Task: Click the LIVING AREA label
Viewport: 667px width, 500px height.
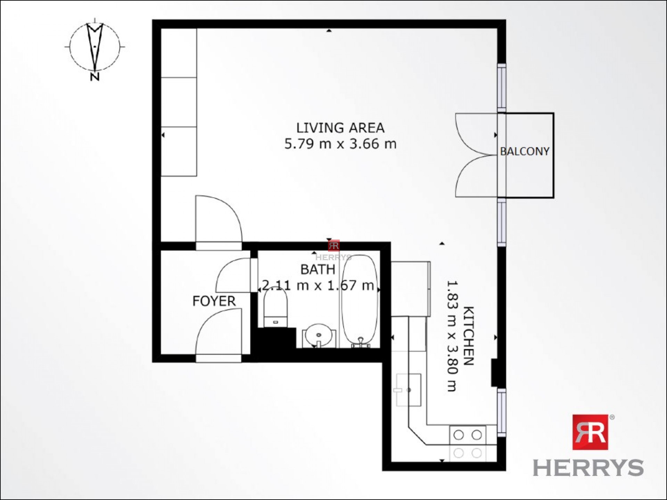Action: coord(340,128)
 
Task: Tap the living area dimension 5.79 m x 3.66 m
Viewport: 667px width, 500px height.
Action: coord(340,144)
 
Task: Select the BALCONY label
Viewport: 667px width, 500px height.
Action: coord(525,151)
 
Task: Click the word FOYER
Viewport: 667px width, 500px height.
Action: coord(214,301)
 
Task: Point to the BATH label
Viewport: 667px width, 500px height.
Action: coord(318,269)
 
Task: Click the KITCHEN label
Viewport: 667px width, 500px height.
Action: coord(469,336)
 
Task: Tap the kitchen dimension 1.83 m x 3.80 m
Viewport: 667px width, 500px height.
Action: coord(451,336)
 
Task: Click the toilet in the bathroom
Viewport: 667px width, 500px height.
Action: coord(275,308)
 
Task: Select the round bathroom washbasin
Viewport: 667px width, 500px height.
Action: coord(319,335)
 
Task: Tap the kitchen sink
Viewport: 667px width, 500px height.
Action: coord(409,390)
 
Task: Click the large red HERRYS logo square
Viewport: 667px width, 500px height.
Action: coord(590,432)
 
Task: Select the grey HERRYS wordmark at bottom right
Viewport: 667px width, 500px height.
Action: coord(588,467)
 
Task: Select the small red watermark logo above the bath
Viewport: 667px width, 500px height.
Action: coord(334,245)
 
